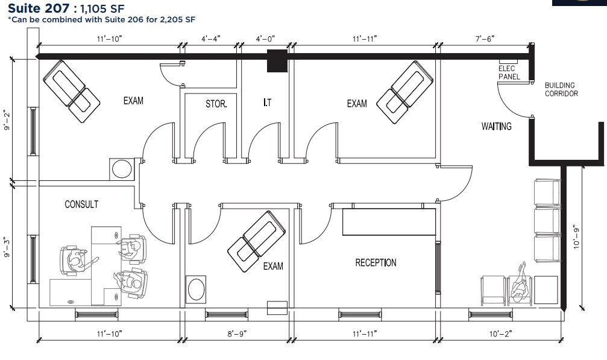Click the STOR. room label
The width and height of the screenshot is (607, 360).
(x=216, y=104)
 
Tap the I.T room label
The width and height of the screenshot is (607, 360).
(x=267, y=103)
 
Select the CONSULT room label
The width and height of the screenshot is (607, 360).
(x=81, y=204)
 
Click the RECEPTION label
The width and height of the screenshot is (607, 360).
(x=376, y=262)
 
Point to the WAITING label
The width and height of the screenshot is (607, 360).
(x=496, y=127)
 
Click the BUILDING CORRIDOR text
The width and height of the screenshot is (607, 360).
(x=561, y=89)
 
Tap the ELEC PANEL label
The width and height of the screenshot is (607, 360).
(x=509, y=73)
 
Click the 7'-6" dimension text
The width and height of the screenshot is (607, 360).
(x=484, y=39)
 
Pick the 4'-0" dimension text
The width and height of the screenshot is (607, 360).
(x=265, y=39)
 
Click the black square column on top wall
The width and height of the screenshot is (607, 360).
(x=277, y=61)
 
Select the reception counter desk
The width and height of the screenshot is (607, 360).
(x=389, y=221)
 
